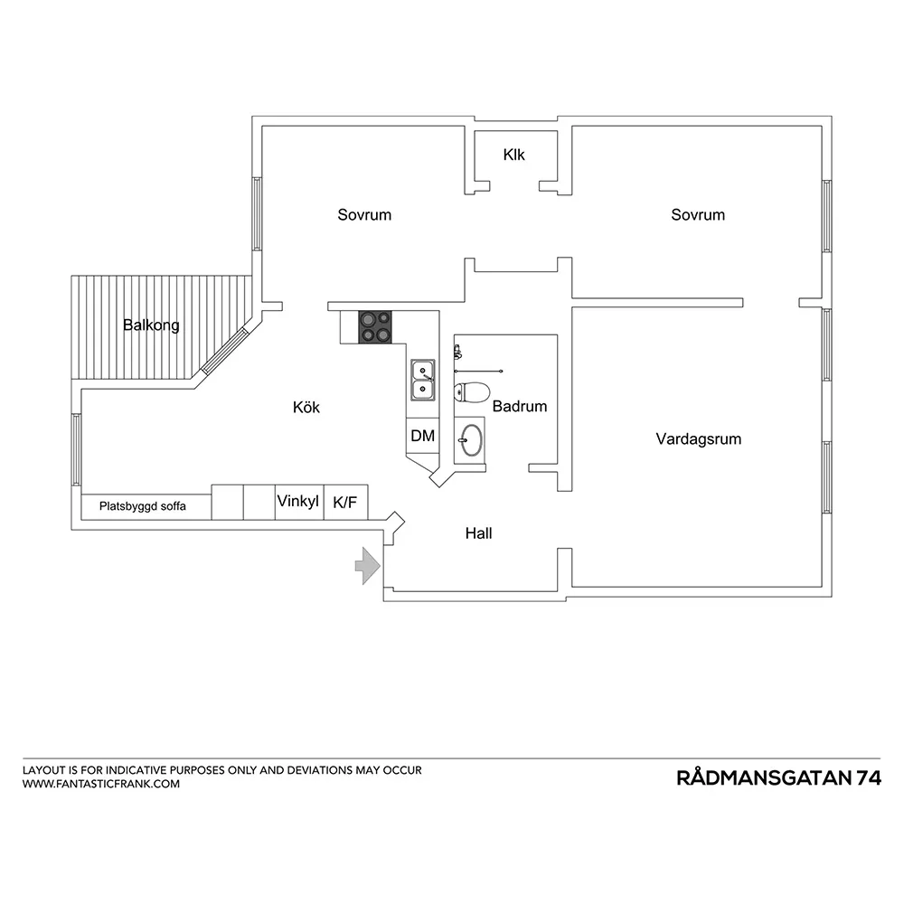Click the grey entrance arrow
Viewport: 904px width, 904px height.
click(x=367, y=566)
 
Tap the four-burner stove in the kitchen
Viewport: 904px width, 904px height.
click(x=375, y=327)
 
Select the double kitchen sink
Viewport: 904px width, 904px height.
click(x=422, y=380)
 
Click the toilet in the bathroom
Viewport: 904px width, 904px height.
click(x=472, y=392)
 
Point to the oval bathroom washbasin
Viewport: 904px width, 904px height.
click(x=471, y=440)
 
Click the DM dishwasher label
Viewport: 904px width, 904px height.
click(x=422, y=436)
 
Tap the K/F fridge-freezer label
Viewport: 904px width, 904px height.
click(x=344, y=503)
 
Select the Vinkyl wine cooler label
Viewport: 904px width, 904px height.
click(x=297, y=502)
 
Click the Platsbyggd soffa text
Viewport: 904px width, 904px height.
click(x=143, y=506)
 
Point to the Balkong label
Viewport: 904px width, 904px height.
click(x=151, y=325)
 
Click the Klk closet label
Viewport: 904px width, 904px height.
click(x=513, y=155)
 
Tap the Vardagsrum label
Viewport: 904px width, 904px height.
click(x=698, y=439)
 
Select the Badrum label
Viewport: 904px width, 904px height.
click(x=520, y=407)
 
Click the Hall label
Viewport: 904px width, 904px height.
click(x=478, y=533)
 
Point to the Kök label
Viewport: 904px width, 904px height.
click(x=306, y=407)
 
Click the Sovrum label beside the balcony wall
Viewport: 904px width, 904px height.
click(x=364, y=215)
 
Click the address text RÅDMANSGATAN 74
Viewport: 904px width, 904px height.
click(x=779, y=777)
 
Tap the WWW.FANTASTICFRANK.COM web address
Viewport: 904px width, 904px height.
click(x=101, y=784)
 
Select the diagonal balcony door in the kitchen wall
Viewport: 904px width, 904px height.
click(x=224, y=351)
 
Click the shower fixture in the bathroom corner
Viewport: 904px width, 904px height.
click(x=457, y=351)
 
